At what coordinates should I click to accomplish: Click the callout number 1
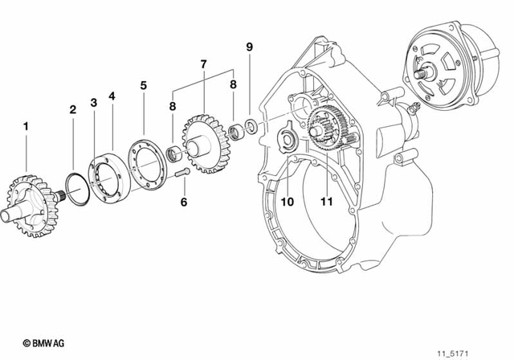pyautogui.click(x=26, y=126)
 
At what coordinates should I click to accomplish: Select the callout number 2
pyautogui.click(x=72, y=108)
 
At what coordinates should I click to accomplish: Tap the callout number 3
pyautogui.click(x=93, y=103)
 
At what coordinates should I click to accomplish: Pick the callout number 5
pyautogui.click(x=143, y=84)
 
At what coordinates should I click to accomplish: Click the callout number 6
pyautogui.click(x=183, y=202)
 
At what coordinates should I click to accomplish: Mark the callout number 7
pyautogui.click(x=203, y=63)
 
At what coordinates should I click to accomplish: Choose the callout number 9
pyautogui.click(x=249, y=47)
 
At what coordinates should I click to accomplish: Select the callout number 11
pyautogui.click(x=325, y=202)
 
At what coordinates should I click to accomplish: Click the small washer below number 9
pyautogui.click(x=251, y=125)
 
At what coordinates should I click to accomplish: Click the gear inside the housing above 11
pyautogui.click(x=325, y=133)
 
